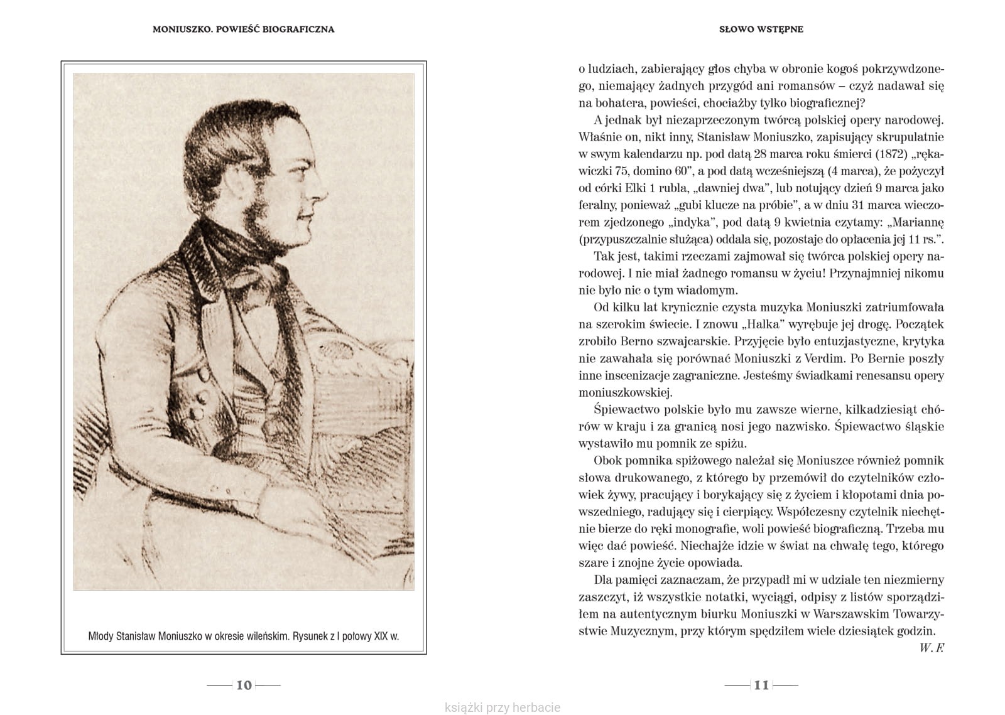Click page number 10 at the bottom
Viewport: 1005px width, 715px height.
(244, 685)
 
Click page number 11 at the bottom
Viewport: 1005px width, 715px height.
(761, 685)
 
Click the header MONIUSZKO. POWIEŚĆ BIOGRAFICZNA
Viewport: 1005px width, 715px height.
(243, 29)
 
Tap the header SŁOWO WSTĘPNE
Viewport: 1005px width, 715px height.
(761, 29)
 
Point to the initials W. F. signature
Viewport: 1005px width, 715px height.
(932, 648)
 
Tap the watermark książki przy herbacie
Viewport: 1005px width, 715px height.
(502, 707)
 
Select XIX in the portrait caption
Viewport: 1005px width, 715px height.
(381, 636)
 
